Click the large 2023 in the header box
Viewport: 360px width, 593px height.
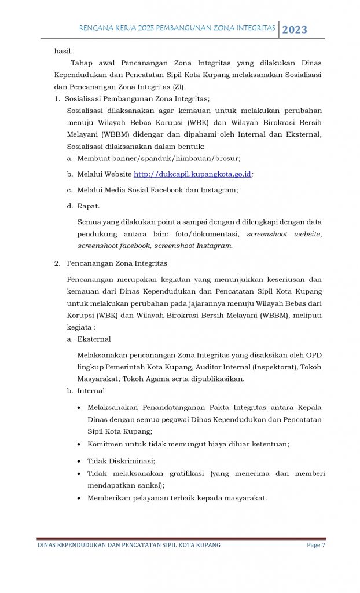(295, 30)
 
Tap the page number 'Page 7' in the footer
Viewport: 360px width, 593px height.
(315, 545)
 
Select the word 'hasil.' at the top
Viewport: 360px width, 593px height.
(63, 51)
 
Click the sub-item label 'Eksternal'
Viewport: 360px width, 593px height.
(94, 339)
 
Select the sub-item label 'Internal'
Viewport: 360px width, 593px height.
(91, 391)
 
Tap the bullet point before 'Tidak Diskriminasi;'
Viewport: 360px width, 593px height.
(79, 462)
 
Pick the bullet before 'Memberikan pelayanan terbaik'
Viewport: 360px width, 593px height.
(79, 497)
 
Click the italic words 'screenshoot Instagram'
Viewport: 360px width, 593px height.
(199, 246)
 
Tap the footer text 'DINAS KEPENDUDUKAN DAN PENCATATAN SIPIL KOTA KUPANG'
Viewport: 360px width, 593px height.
(128, 545)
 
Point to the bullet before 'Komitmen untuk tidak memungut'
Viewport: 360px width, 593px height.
(79, 444)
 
